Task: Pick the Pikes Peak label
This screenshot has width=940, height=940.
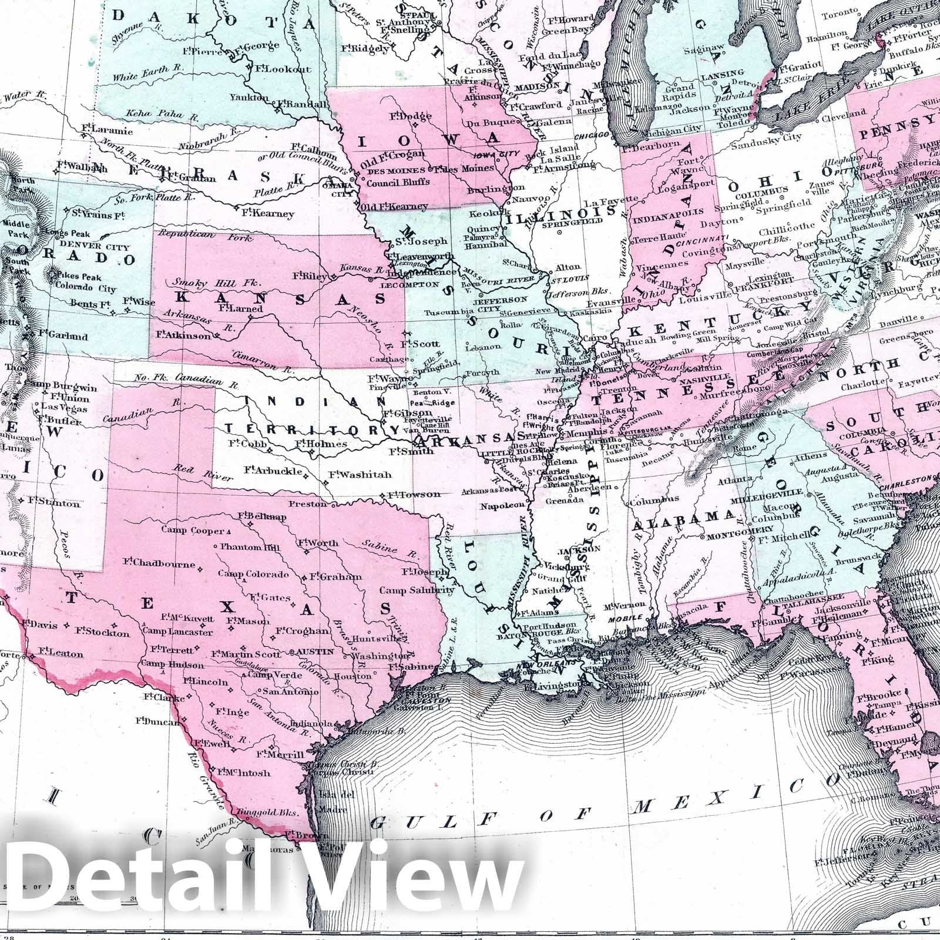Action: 79,277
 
